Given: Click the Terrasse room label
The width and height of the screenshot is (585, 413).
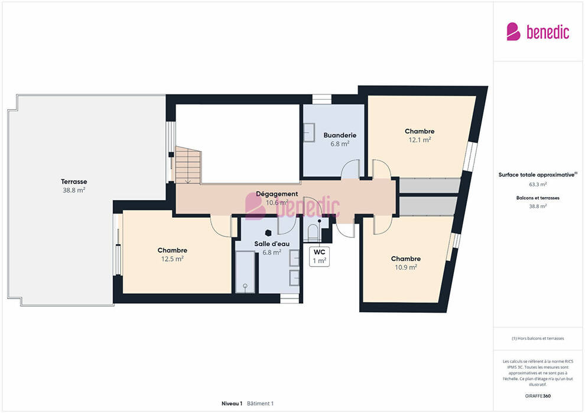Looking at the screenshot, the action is (74, 182).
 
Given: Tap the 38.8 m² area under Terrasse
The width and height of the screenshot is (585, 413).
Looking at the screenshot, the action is (74, 191).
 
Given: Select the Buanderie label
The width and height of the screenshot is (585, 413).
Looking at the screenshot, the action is (340, 135).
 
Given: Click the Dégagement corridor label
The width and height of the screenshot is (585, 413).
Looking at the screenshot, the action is (277, 194).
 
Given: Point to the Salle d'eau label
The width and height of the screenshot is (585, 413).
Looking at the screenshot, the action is (272, 244).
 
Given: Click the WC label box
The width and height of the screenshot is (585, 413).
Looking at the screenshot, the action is (319, 257).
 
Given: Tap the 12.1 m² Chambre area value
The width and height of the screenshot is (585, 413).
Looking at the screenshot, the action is (420, 140).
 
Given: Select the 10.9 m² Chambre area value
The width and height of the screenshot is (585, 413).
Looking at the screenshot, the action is (406, 267).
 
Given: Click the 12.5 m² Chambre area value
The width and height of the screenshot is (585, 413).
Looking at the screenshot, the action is (173, 259).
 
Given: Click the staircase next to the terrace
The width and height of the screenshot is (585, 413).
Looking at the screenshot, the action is (188, 165).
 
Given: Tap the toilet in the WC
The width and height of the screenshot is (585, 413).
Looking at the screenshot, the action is (313, 233).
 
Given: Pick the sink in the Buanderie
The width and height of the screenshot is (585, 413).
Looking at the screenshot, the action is (309, 133).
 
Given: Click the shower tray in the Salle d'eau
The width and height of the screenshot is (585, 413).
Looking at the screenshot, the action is (245, 272).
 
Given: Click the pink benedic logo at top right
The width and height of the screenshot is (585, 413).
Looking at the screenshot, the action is (538, 32).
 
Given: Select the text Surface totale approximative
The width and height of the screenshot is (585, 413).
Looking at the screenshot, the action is (537, 175).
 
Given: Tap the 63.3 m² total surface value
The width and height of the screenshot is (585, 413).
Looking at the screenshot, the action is (538, 184).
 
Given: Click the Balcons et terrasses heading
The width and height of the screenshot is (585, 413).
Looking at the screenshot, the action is (538, 198).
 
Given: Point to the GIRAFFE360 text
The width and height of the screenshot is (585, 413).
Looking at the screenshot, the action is (538, 396).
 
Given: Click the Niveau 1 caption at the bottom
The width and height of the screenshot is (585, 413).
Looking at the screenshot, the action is (232, 404).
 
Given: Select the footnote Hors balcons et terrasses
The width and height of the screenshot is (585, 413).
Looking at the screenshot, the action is (538, 339).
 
